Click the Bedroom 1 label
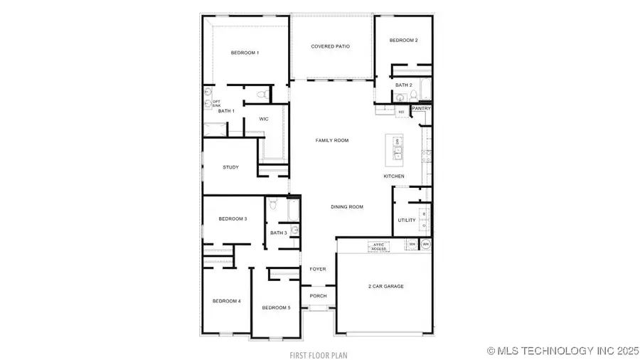245,53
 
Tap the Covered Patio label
330,47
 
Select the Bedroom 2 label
403,41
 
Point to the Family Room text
332,141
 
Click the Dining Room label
347,207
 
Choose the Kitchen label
394,176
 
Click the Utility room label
407,221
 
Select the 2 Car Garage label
386,287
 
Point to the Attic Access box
377,247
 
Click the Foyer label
318,270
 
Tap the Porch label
318,296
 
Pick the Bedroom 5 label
276,307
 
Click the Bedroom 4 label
227,302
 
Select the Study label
230,168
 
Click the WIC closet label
263,119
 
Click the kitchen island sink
397,152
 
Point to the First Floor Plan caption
318,354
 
